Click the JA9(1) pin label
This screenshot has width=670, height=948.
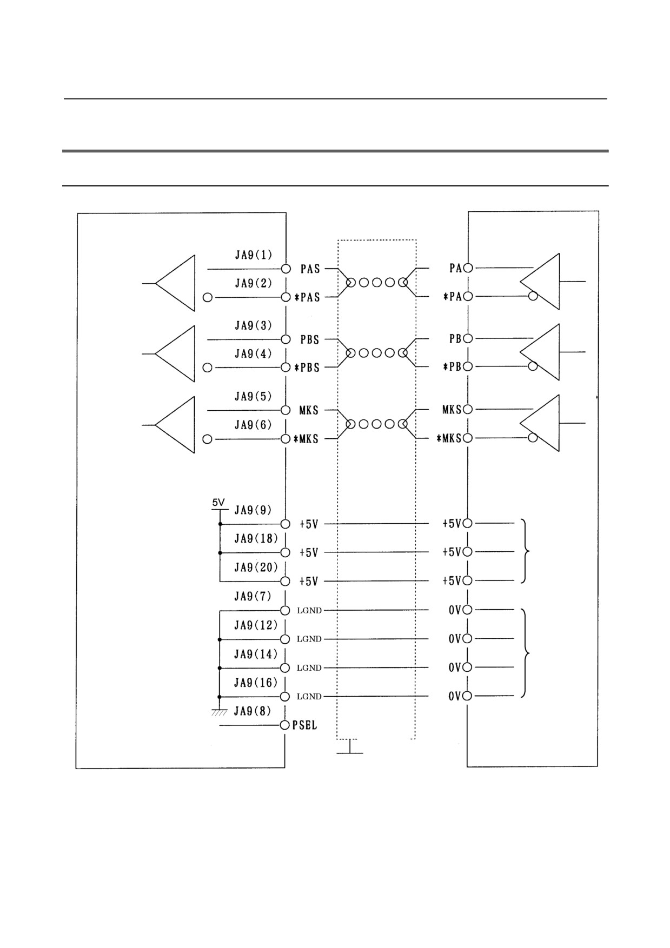click(253, 255)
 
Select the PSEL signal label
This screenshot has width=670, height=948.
click(304, 725)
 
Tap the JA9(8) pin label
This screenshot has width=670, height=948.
click(252, 711)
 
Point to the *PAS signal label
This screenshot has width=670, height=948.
click(307, 297)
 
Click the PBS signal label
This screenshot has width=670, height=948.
click(310, 340)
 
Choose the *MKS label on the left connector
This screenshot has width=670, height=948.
click(306, 439)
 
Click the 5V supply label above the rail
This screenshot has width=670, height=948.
click(218, 503)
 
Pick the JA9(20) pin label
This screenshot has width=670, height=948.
click(256, 568)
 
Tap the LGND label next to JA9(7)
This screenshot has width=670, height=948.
click(309, 611)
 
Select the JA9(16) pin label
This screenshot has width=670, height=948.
click(256, 683)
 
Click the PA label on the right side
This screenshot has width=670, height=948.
click(455, 268)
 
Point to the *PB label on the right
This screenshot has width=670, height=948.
click(452, 366)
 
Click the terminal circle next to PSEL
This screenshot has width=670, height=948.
click(285, 725)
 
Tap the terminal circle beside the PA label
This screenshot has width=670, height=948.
click(468, 268)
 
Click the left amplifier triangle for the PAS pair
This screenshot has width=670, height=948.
click(175, 283)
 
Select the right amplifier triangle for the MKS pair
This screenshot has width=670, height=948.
click(540, 423)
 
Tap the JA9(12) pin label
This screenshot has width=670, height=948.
click(256, 625)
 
